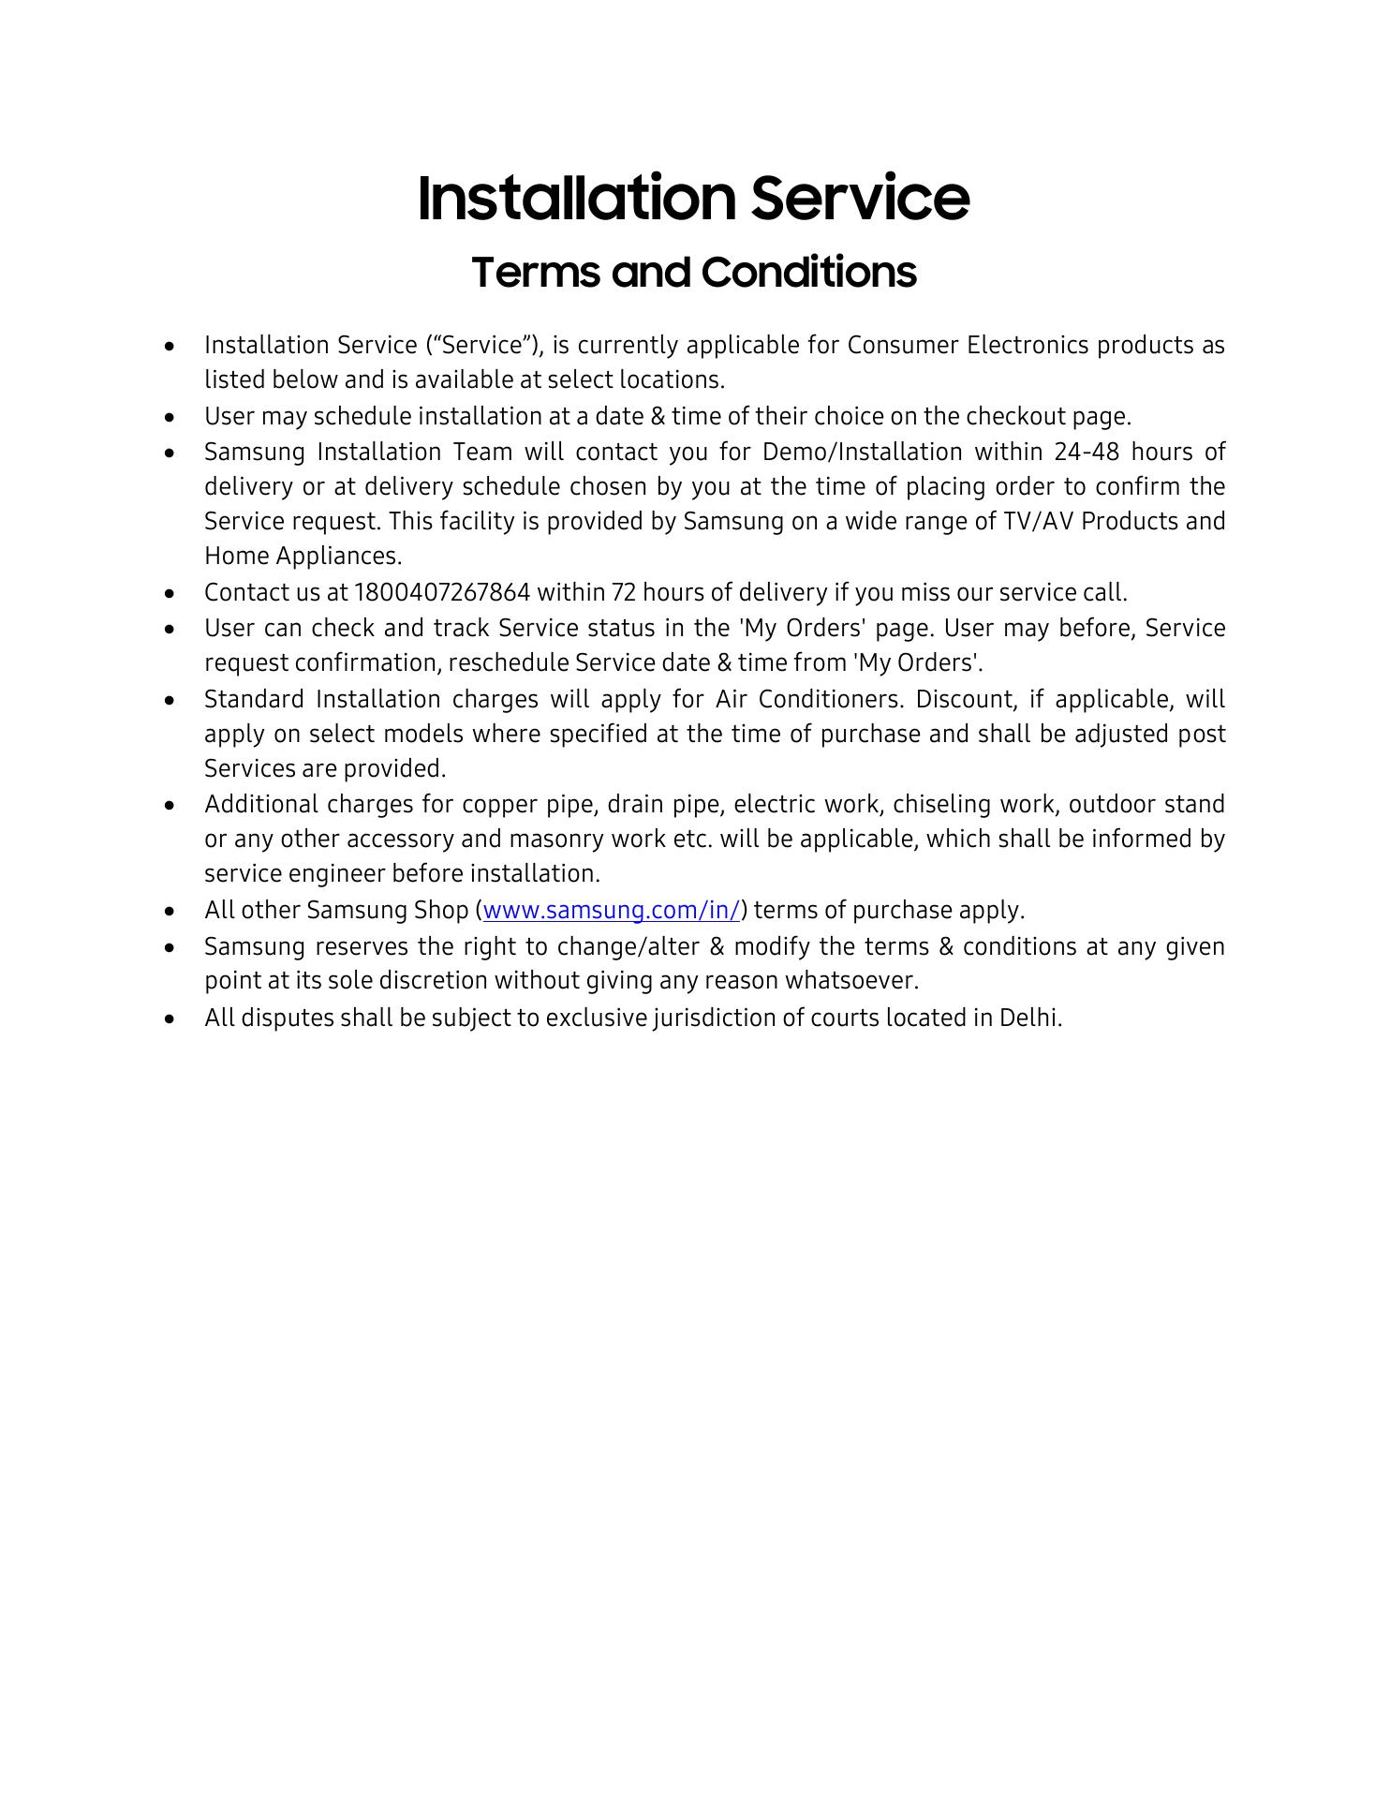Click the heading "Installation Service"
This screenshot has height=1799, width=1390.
pos(693,198)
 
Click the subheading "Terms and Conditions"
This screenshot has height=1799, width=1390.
pos(693,273)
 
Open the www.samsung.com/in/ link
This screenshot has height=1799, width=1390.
pos(612,910)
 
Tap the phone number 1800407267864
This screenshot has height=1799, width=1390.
pos(442,593)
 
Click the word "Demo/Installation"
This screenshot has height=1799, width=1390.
pos(862,452)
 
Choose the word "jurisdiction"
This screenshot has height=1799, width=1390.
pos(684,1018)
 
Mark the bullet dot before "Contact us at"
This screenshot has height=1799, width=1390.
pos(169,594)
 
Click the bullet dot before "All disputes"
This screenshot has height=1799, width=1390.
pos(169,1018)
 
